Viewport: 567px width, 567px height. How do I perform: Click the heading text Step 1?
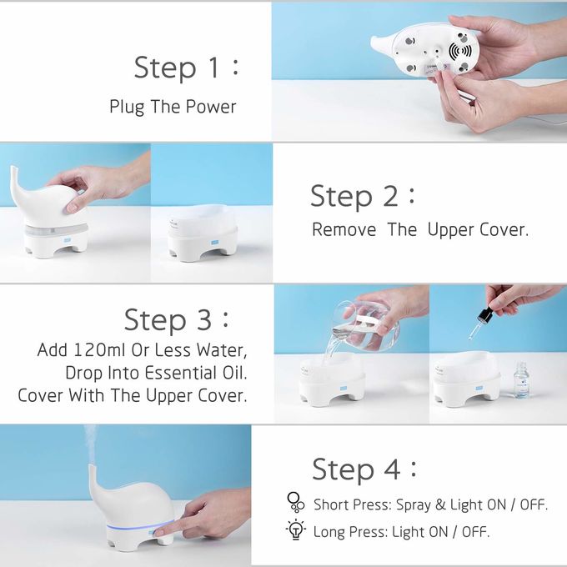click(187, 68)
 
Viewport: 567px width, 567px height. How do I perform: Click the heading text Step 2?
click(363, 196)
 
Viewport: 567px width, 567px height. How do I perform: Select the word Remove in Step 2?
click(344, 230)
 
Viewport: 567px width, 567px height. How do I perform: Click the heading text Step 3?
click(177, 319)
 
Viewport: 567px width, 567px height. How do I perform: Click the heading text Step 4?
click(364, 469)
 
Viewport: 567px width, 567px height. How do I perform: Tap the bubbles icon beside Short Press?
click(296, 502)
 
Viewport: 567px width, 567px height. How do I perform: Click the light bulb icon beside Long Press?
click(296, 529)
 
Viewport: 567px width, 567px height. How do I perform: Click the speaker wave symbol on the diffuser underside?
click(460, 52)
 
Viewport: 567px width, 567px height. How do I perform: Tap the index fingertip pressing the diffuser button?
click(159, 532)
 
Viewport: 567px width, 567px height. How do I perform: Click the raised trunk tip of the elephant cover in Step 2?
click(13, 169)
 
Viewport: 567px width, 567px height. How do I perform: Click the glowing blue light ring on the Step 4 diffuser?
click(139, 526)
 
